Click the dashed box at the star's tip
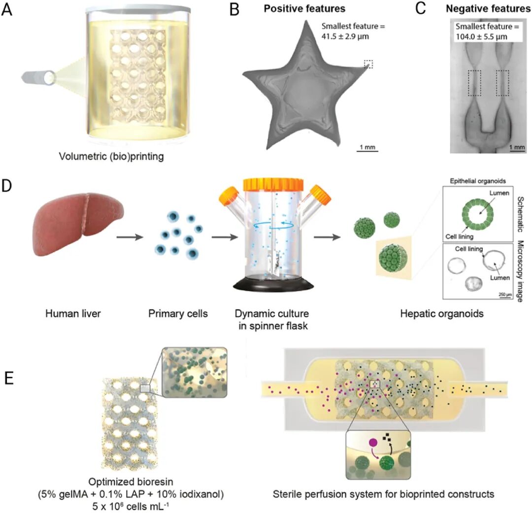coord(368,64)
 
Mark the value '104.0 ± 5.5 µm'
coord(482,36)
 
